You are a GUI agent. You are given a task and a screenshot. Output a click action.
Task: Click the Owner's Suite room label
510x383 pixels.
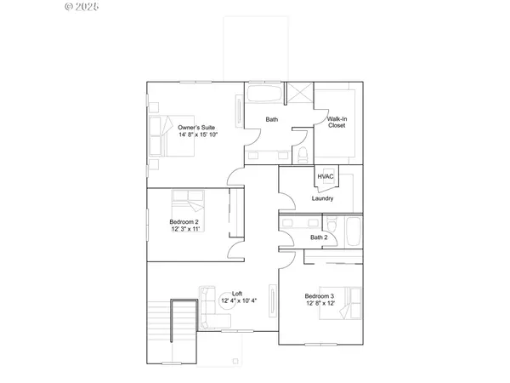point(196,127)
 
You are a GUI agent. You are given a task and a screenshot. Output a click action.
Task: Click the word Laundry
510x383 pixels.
point(322,198)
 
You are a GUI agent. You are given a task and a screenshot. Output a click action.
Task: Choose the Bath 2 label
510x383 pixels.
point(319,237)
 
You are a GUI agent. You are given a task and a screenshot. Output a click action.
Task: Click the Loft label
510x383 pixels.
point(237,294)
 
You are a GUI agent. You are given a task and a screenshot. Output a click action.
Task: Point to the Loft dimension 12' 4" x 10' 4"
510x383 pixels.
point(237,301)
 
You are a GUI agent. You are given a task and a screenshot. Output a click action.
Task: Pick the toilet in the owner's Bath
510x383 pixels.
point(302,154)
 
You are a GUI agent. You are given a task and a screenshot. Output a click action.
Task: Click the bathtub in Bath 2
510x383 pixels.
point(351,232)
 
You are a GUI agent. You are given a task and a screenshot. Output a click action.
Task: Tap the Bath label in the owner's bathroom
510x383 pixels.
point(271,119)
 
